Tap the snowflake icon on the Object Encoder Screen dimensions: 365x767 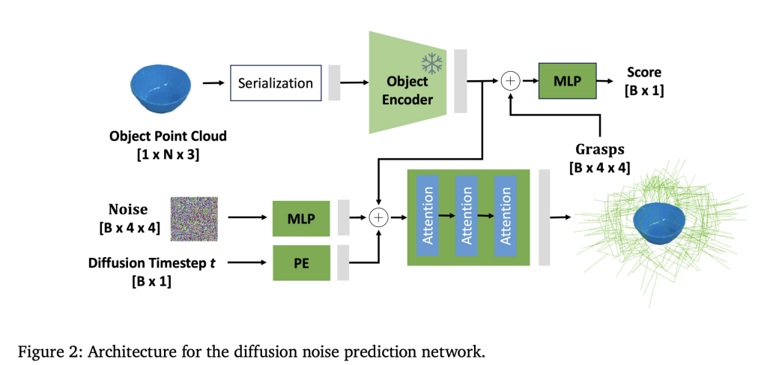point(431,63)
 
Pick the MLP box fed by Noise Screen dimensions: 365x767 point(301,217)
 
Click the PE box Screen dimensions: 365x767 point(301,262)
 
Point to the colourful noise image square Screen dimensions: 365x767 point(194,219)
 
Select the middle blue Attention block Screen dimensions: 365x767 point(466,217)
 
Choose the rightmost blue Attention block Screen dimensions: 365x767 point(505,217)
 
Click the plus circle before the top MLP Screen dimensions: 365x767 point(509,80)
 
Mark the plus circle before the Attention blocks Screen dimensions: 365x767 point(379,217)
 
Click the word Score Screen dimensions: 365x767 point(643,72)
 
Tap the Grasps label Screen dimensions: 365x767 point(599,148)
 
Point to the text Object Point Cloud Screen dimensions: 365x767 point(167,136)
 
